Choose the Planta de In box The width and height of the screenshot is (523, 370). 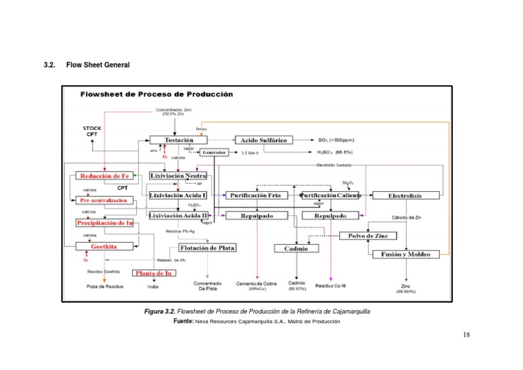[x=153, y=273]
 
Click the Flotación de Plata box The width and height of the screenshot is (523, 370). [x=208, y=248]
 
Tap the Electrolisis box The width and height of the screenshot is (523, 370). [x=405, y=196]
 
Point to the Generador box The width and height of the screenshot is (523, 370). [x=213, y=152]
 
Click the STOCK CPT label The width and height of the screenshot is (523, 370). [x=92, y=131]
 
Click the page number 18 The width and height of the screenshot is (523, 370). [x=466, y=334]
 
